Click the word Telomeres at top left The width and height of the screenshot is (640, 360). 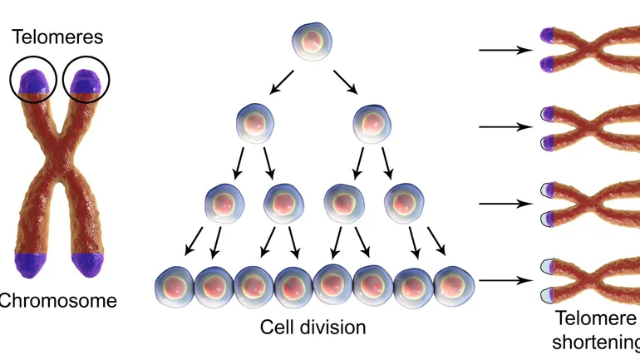pos(57,37)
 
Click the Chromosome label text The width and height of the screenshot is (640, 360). pos(57,300)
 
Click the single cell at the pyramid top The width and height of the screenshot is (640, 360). pos(313,42)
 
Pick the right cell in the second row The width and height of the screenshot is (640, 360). pos(371,125)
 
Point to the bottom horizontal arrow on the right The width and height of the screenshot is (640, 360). pos(505,280)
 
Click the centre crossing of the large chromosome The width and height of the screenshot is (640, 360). pos(59,166)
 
